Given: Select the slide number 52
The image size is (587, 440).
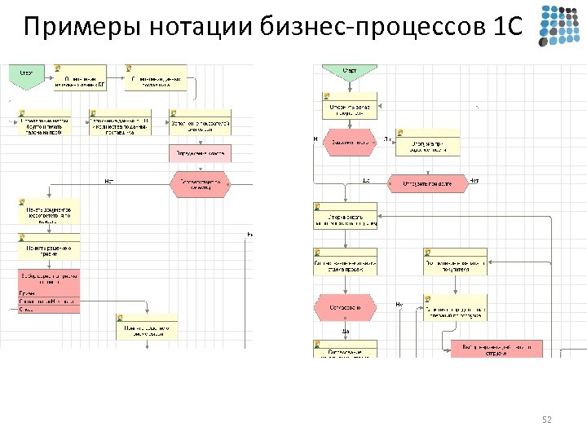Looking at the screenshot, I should [x=547, y=420].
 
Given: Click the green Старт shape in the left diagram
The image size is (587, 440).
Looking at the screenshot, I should [x=26, y=75].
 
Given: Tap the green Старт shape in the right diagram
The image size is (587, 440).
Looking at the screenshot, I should [x=348, y=72].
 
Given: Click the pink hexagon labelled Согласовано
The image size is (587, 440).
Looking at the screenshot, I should [x=345, y=307].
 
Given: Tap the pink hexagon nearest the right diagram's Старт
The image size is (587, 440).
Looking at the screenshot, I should [x=349, y=141].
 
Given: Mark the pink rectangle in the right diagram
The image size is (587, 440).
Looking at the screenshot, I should [x=496, y=348].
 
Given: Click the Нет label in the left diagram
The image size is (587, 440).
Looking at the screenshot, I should [x=108, y=180].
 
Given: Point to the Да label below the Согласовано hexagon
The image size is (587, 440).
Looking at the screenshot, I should [x=346, y=331].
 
